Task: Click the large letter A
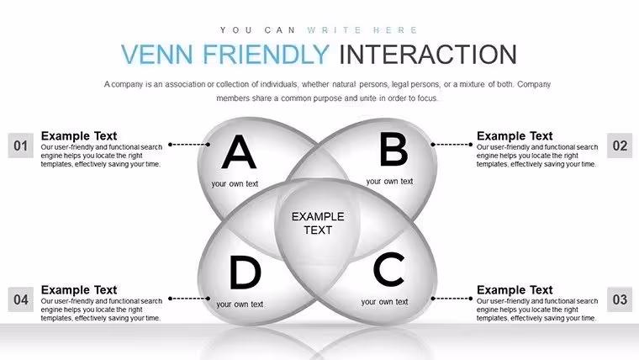239,152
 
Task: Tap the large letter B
393,150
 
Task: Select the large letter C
389,269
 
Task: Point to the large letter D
246,272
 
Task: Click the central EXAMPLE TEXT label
318,223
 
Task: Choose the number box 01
21,146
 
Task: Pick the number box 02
620,146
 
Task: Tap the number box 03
620,299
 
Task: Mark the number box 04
21,299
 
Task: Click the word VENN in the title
157,54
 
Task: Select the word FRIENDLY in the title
267,54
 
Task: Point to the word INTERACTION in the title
428,54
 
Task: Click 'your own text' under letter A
235,184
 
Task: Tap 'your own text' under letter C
384,302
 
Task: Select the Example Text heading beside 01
79,135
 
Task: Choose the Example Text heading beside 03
515,290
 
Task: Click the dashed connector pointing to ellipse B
452,145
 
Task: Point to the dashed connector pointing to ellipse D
189,299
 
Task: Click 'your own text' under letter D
240,304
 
